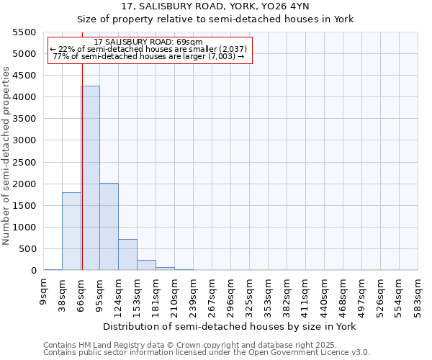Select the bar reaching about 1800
pos(71,231)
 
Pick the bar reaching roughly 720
pos(127,255)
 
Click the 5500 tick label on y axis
pos(24,32)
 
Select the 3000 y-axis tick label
pos(24,140)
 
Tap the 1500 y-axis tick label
pos(24,206)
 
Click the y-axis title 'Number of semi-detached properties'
pos(7,156)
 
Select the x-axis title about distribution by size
pos(230,326)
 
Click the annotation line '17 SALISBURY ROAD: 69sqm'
pos(148,42)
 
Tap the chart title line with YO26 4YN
pos(216,6)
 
